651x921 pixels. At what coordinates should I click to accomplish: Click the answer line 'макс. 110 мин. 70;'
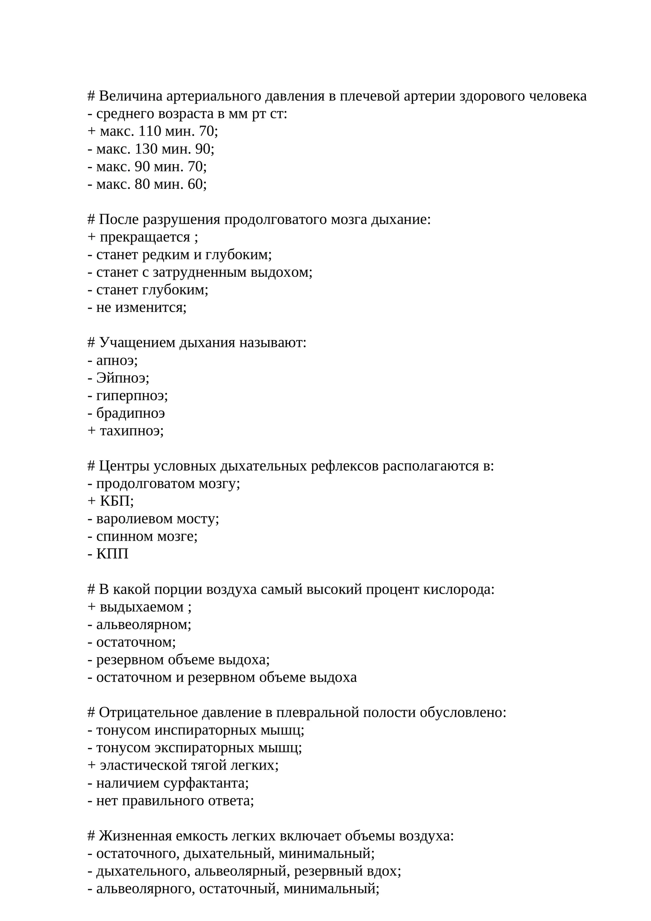[x=159, y=132]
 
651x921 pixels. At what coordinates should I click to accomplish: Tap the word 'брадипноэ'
[x=131, y=413]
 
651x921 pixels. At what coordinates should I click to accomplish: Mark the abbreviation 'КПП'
[x=112, y=554]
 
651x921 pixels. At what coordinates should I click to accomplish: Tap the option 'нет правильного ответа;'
[x=175, y=800]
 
